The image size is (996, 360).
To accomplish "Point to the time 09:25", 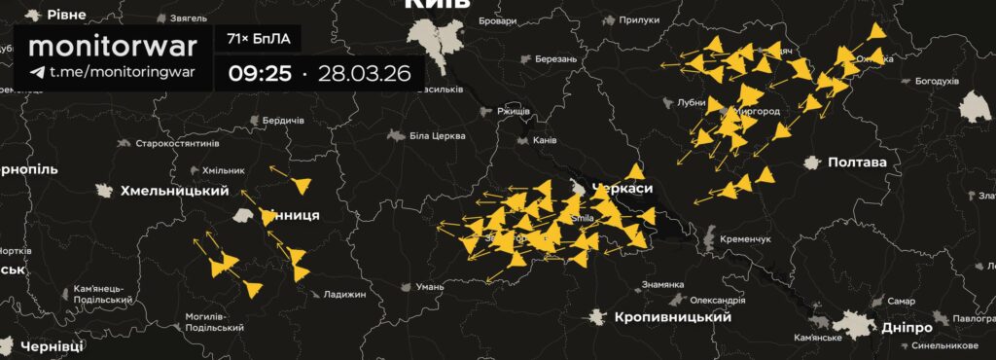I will tap(260, 73).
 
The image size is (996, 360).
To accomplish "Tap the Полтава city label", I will tap(856, 162).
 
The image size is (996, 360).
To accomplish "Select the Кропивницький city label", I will tap(672, 317).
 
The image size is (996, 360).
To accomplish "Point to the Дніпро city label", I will tap(908, 328).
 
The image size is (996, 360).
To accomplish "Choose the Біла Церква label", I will tap(433, 136).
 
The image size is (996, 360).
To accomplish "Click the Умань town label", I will tap(429, 287).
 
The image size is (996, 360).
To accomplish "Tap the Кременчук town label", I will tap(746, 238).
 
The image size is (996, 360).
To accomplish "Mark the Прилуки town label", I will tap(639, 19).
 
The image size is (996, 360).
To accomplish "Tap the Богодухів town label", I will tap(937, 81).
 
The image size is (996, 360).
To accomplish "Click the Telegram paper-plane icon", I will tap(37, 72).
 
